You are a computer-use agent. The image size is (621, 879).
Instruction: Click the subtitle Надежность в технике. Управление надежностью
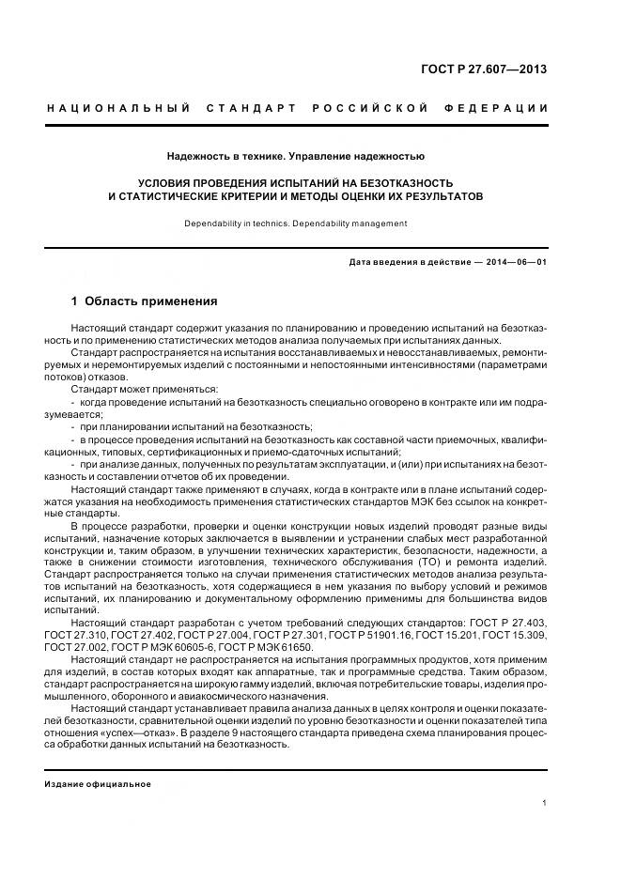(296, 156)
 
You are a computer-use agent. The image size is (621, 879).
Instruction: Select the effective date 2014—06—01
(515, 262)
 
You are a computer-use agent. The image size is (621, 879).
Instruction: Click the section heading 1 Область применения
(144, 301)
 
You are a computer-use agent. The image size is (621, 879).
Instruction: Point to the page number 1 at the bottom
(545, 803)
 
